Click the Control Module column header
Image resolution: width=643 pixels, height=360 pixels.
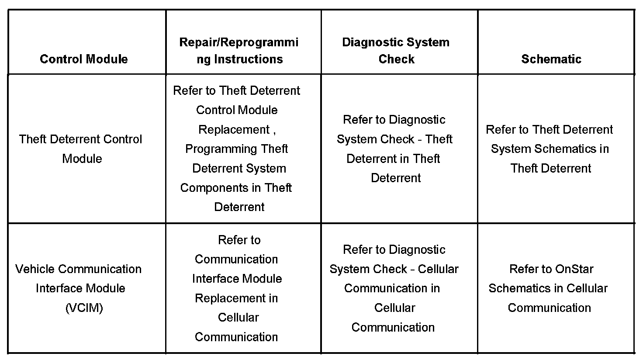84,59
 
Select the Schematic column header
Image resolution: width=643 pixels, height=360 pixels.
551,59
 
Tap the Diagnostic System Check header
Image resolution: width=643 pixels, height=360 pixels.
396,51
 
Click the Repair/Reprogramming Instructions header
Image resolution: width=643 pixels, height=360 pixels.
239,51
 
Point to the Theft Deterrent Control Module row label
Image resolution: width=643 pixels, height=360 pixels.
81,149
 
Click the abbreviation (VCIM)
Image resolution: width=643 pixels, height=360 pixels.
84,308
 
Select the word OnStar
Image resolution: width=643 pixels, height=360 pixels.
573,269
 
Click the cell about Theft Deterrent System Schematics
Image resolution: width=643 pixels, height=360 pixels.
550,149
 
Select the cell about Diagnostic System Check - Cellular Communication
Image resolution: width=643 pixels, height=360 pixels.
394,288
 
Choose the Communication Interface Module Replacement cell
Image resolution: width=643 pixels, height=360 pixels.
237,288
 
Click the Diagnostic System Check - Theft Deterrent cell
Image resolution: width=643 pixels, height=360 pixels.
395,149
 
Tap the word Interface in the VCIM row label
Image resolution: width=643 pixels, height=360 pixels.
55,288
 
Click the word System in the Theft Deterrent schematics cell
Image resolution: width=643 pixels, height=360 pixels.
511,149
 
